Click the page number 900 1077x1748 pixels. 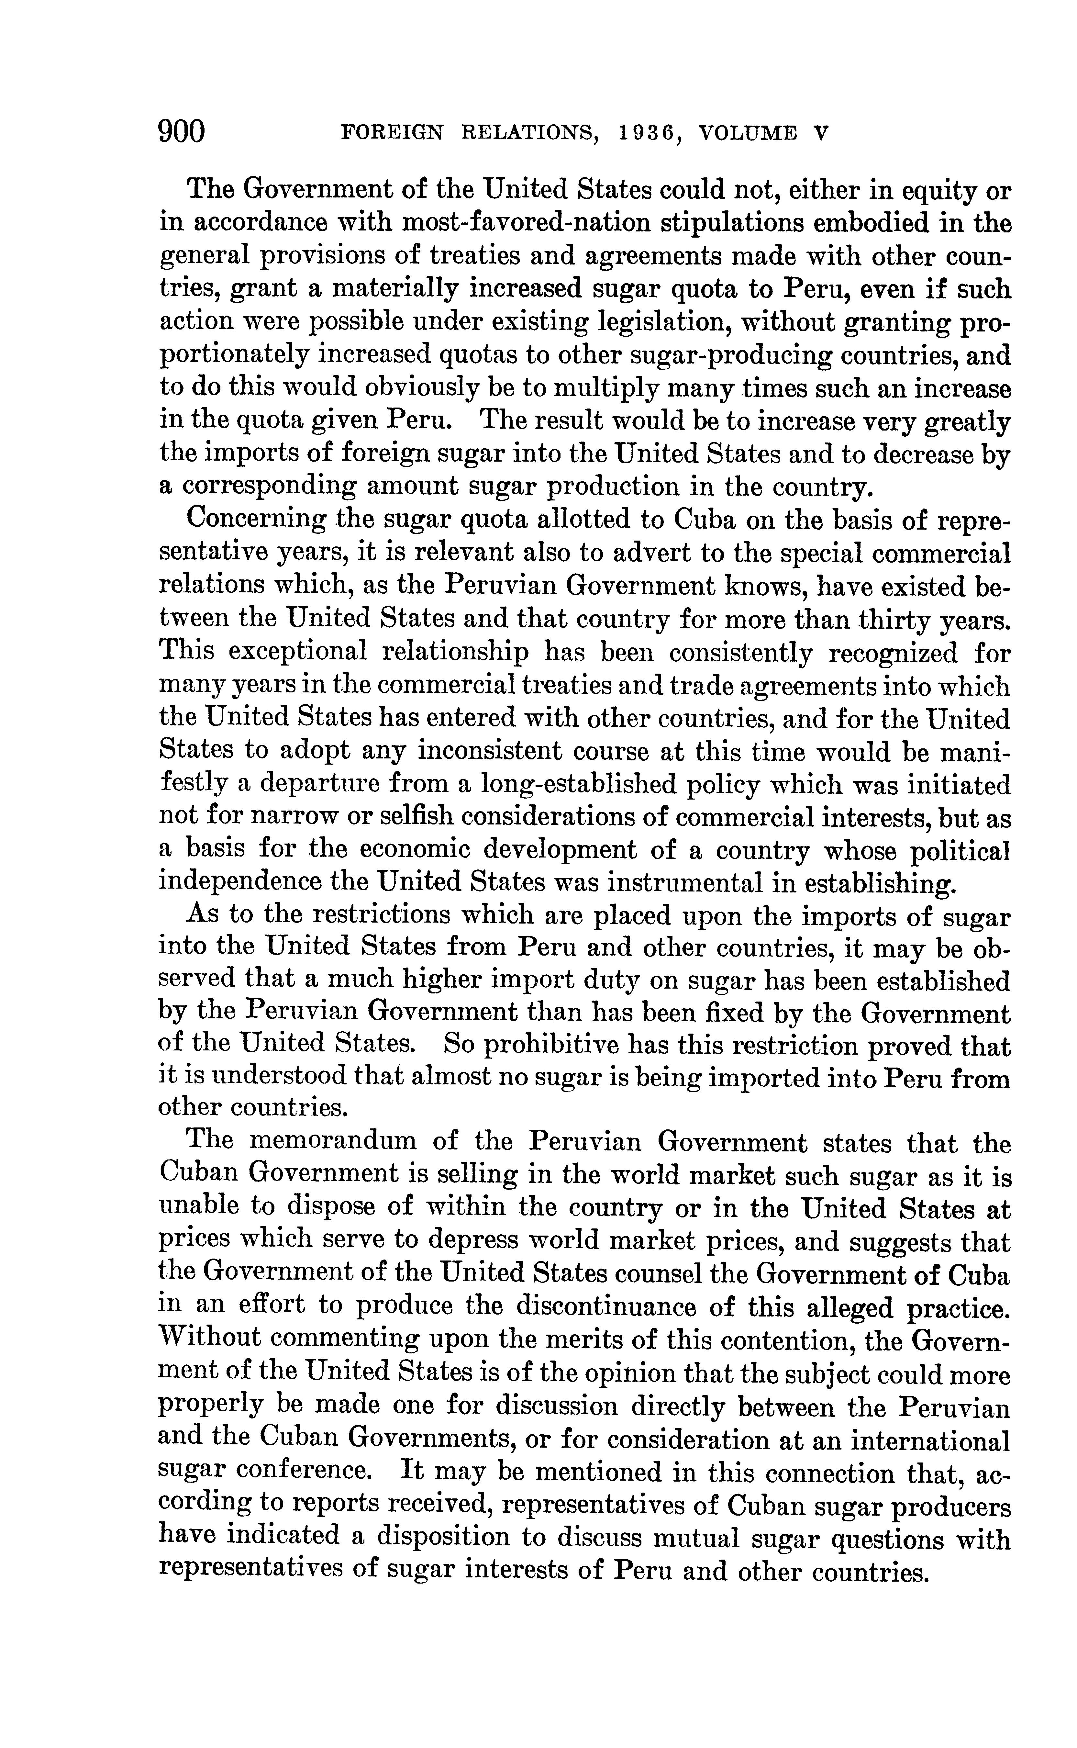(x=182, y=132)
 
